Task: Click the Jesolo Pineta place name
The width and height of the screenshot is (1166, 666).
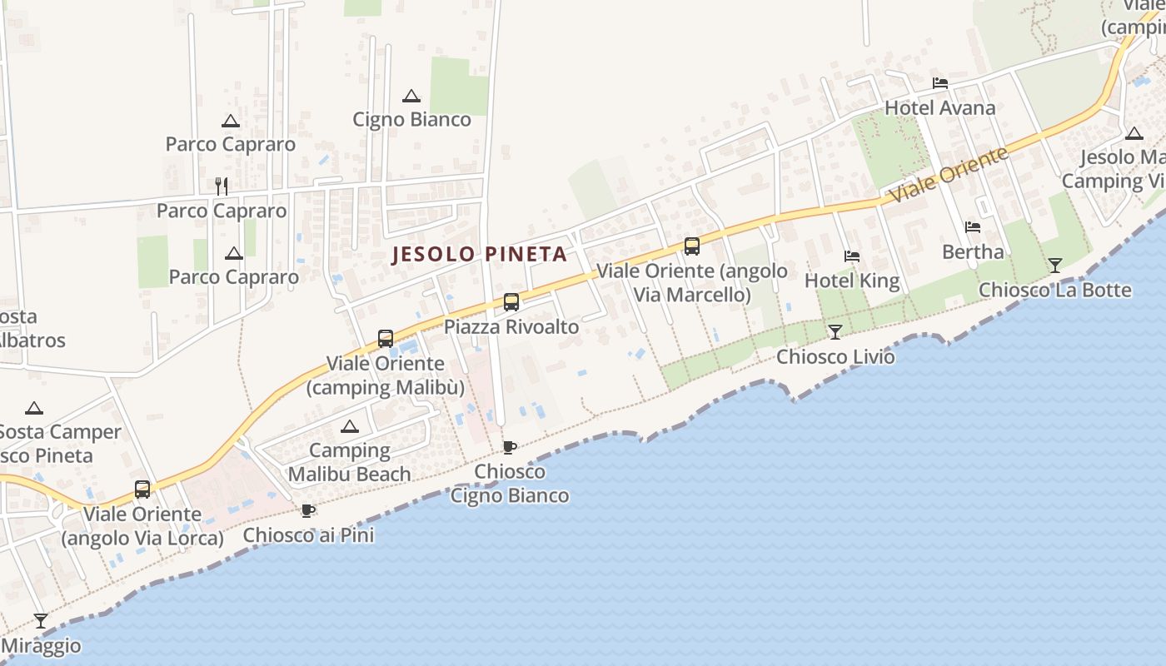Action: point(480,254)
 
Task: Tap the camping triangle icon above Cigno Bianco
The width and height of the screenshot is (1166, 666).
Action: point(411,97)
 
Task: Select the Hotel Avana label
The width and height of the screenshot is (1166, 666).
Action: point(939,108)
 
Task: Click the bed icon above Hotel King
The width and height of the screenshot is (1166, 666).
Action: point(851,256)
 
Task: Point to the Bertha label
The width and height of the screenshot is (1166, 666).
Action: point(973,251)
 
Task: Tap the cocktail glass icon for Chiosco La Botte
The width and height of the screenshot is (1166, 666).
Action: point(1055,266)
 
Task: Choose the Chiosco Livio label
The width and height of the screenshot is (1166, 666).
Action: point(835,357)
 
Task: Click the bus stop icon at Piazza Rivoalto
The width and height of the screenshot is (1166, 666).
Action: point(511,302)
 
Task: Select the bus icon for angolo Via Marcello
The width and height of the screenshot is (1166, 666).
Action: point(691,246)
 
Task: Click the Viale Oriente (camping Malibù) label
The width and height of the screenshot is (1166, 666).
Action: point(386,375)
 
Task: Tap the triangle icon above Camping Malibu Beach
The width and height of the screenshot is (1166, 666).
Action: point(350,427)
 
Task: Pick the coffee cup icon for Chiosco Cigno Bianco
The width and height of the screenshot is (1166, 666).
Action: point(509,447)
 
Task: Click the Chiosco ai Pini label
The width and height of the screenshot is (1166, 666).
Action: point(308,535)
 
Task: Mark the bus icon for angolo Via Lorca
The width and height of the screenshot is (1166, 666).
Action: point(142,490)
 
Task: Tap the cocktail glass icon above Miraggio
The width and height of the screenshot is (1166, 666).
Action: point(40,620)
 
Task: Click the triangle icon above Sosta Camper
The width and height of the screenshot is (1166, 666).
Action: point(33,408)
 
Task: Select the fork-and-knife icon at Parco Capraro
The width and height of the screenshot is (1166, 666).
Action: point(221,186)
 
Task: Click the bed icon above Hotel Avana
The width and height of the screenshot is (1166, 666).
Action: point(940,83)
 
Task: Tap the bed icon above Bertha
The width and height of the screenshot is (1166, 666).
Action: point(972,226)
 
